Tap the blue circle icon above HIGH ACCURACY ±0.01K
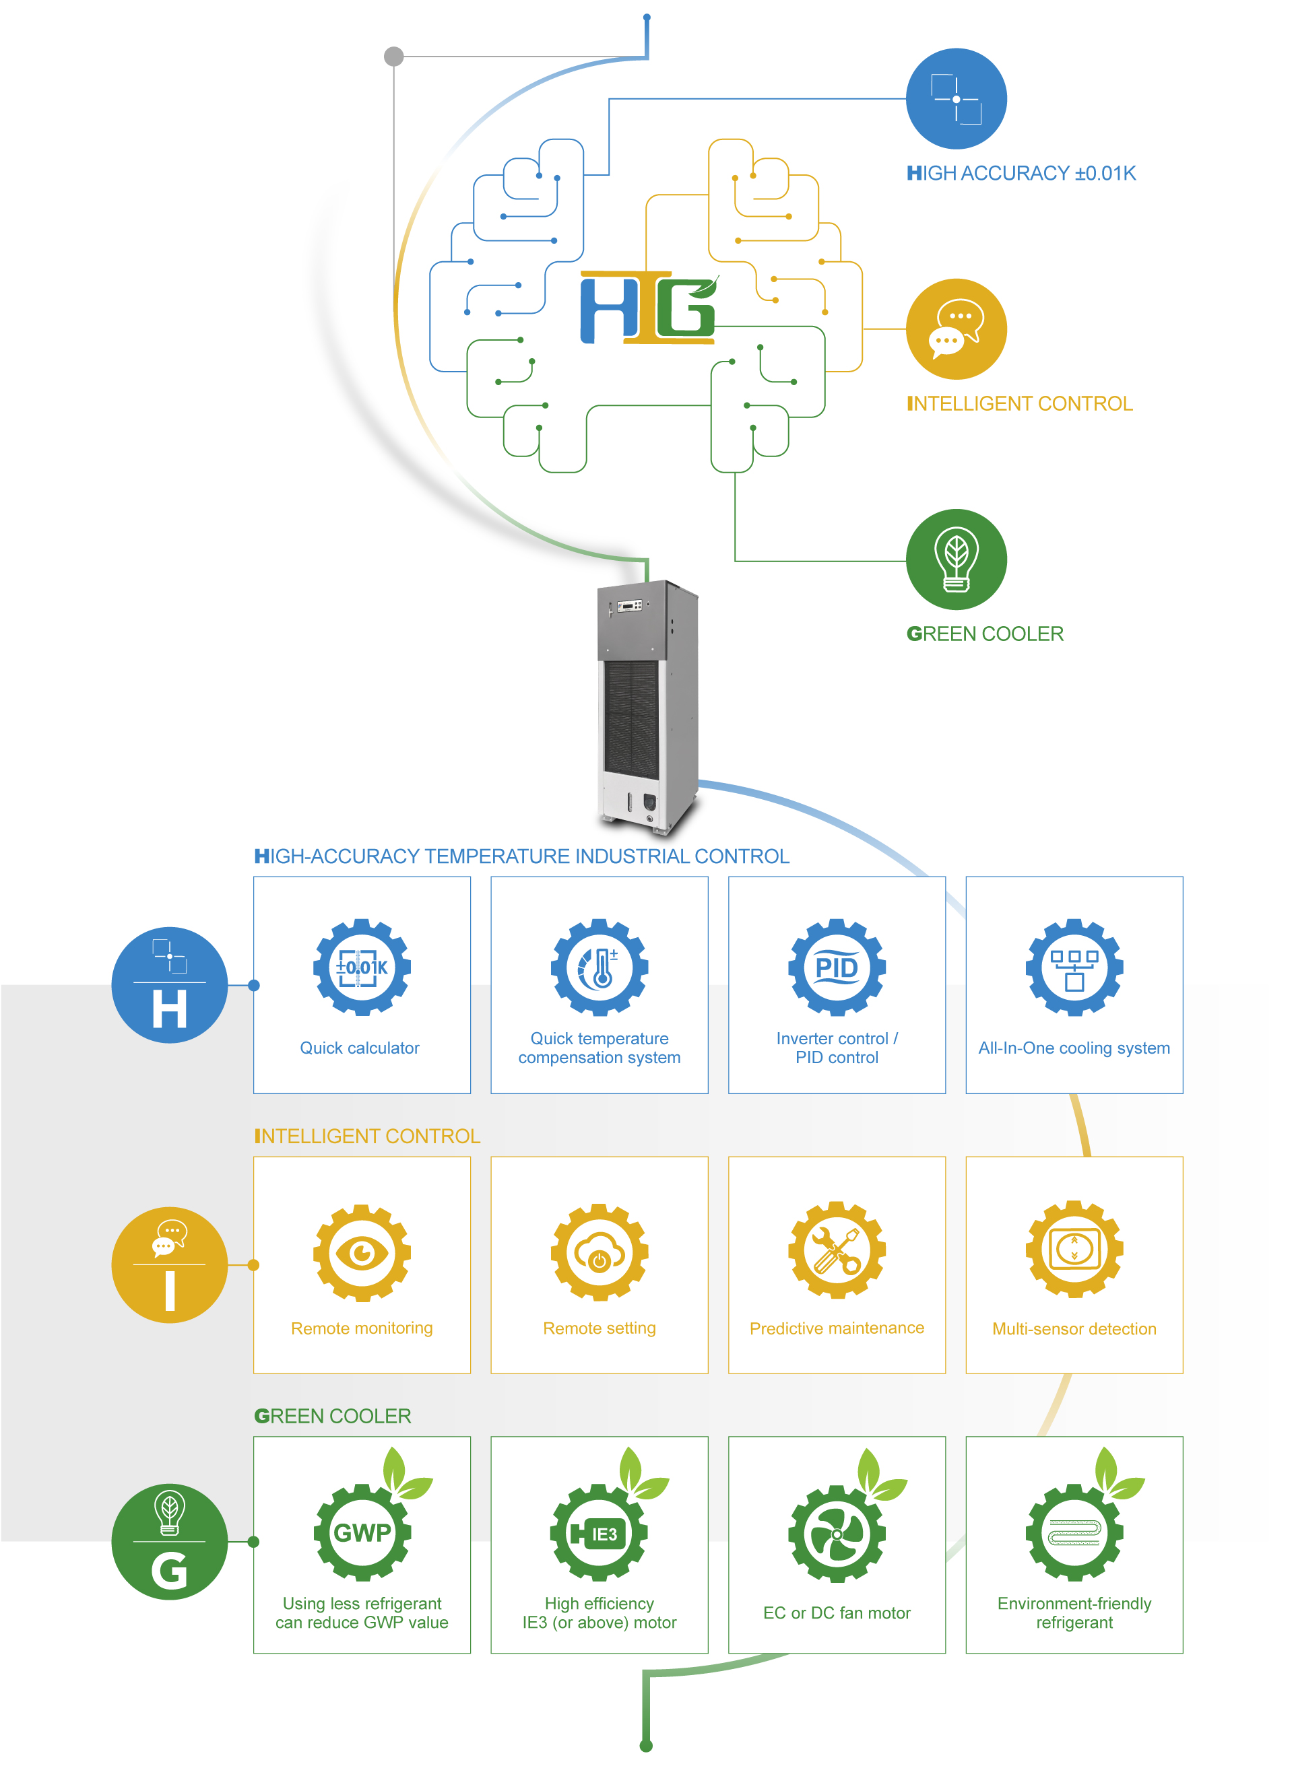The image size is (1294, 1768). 956,99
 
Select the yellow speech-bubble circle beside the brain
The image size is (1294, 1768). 956,329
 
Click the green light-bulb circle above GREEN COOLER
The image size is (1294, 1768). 956,559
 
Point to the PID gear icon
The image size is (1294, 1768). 837,967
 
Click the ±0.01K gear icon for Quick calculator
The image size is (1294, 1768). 362,967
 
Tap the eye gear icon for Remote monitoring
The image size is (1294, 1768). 362,1253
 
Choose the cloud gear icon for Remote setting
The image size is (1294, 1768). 600,1253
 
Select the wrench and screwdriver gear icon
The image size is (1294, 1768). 837,1250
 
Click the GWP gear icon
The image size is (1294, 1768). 362,1532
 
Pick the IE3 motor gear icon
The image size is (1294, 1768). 600,1533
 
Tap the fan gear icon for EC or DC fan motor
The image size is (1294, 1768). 837,1534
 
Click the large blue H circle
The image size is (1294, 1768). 169,985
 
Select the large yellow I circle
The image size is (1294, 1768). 169,1264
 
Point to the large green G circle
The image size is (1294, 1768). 169,1542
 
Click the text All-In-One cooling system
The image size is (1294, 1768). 1074,1048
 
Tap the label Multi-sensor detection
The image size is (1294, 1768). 1074,1329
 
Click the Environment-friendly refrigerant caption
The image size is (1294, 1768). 1074,1613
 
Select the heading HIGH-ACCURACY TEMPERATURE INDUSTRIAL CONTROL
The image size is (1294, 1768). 521,856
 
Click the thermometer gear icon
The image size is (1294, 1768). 600,967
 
